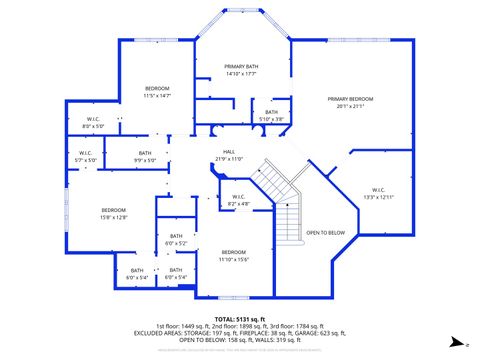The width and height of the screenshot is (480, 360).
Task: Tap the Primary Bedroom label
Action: (350, 99)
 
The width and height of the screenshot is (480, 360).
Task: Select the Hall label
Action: (229, 152)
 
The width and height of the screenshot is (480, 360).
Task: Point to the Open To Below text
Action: (325, 232)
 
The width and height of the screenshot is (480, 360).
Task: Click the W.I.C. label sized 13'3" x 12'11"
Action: (378, 189)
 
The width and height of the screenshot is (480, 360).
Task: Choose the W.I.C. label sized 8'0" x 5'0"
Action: (92, 120)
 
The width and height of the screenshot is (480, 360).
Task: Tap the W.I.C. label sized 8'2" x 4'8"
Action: (238, 196)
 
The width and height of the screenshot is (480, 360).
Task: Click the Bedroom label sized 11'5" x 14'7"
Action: (157, 89)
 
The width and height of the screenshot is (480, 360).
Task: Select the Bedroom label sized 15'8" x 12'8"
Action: (113, 210)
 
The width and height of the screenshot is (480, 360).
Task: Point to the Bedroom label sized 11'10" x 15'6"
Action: (234, 251)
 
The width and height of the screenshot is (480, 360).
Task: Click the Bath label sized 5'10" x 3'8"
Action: (271, 112)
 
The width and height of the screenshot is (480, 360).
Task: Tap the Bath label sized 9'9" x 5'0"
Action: (145, 153)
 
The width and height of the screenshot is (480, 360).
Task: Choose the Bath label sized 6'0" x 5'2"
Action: (176, 236)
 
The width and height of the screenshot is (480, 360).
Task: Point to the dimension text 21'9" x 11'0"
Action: (229, 158)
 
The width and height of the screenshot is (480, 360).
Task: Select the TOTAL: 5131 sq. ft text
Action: (240, 317)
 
